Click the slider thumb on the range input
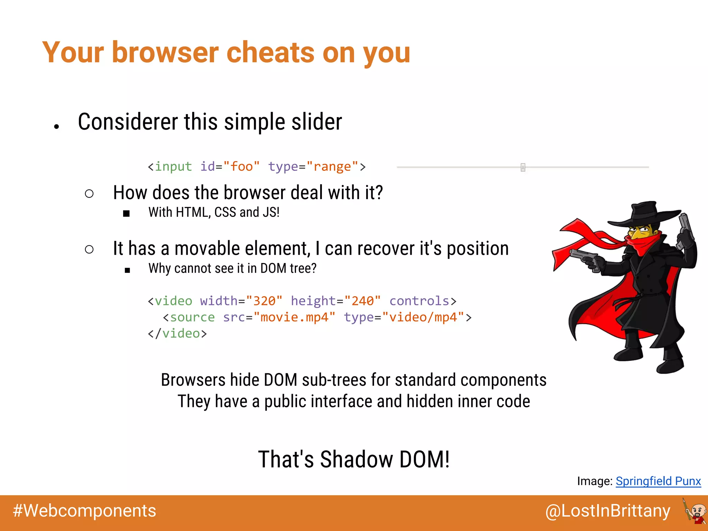click(x=523, y=167)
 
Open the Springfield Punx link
click(x=658, y=481)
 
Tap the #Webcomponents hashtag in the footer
click(x=84, y=511)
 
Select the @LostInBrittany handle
click(x=607, y=511)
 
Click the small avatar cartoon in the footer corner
click(x=695, y=511)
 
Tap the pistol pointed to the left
click(x=584, y=258)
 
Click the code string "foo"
click(x=241, y=167)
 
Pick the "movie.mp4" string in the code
click(x=294, y=317)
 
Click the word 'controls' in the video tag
click(x=419, y=301)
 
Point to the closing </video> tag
click(x=177, y=333)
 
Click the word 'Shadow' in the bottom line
click(x=356, y=459)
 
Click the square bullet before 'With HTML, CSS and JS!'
click(x=127, y=214)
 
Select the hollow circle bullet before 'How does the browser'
click(x=89, y=194)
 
